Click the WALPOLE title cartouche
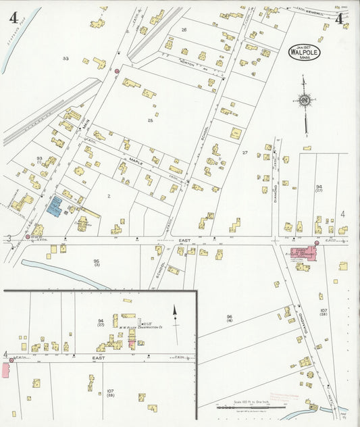[305, 53]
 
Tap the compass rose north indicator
[305, 101]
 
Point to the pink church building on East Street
[301, 253]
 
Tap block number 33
[66, 59]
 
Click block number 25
[151, 120]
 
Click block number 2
[108, 196]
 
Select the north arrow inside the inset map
[175, 315]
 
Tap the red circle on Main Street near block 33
[117, 71]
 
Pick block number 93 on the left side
[40, 159]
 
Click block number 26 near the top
[184, 30]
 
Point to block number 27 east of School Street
[245, 153]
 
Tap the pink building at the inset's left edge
[6, 370]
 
